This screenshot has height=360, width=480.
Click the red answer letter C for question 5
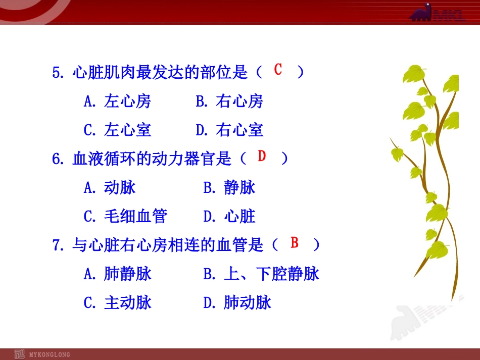click(x=278, y=70)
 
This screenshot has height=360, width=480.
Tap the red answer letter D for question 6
click(x=262, y=156)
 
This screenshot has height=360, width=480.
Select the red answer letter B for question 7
click(x=295, y=243)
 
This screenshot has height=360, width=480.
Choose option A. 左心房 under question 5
click(x=117, y=101)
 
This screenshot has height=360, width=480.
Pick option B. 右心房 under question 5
click(x=229, y=101)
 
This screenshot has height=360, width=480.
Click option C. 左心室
click(x=117, y=130)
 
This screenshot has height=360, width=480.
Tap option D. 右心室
click(x=229, y=130)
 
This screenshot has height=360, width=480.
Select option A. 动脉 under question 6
click(x=110, y=188)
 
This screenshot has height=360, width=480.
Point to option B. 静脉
click(x=229, y=188)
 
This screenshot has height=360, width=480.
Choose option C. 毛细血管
click(x=125, y=217)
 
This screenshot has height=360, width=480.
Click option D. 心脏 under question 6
click(x=229, y=217)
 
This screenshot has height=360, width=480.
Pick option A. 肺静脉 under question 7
click(x=117, y=274)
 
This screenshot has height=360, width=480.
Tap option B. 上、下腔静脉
click(x=261, y=274)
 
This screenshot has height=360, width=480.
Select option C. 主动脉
click(x=117, y=303)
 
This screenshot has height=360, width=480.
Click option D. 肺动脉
click(x=237, y=303)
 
